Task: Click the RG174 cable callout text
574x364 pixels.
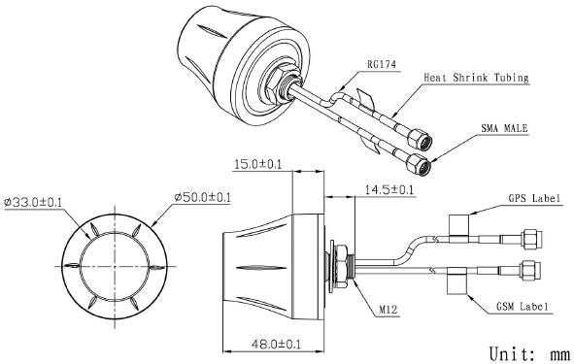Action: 382,65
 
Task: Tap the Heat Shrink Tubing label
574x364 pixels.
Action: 476,78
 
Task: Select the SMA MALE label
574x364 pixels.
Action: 504,128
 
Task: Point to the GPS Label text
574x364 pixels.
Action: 534,199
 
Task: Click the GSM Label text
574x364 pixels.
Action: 523,307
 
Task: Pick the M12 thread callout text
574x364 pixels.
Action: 388,310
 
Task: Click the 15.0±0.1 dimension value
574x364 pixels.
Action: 257,164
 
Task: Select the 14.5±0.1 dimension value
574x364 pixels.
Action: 388,190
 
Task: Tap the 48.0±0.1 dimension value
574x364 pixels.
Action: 276,344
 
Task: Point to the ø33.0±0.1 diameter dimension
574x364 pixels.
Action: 33,202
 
